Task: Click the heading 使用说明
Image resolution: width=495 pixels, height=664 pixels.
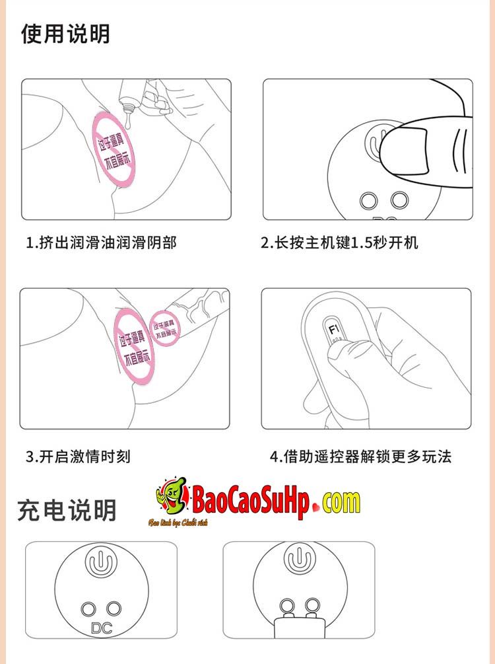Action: pyautogui.click(x=65, y=34)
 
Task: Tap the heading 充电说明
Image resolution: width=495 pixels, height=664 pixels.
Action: pyautogui.click(x=67, y=509)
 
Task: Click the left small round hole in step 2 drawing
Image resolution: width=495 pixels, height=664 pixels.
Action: pyautogui.click(x=367, y=200)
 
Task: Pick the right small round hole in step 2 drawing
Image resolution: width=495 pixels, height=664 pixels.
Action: pyautogui.click(x=399, y=199)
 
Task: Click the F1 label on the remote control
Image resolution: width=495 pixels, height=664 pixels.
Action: pyautogui.click(x=333, y=328)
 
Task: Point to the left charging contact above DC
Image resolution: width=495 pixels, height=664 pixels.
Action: pyautogui.click(x=88, y=609)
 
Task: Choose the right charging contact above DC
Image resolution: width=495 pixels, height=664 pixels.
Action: pyautogui.click(x=115, y=609)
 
